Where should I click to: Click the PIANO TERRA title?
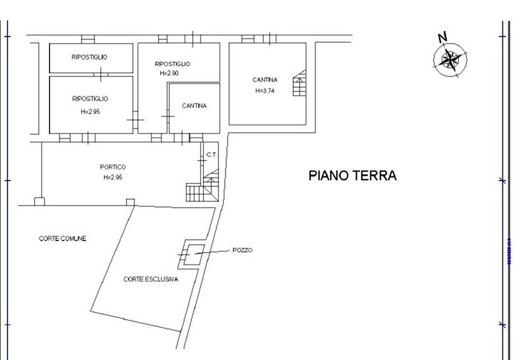[353, 175]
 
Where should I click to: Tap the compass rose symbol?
[450, 59]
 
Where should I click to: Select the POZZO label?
[242, 250]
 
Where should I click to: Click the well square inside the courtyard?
[195, 254]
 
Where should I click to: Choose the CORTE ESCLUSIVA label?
[151, 279]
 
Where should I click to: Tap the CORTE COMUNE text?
[63, 239]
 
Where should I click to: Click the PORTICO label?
[113, 167]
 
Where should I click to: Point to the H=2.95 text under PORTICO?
[113, 177]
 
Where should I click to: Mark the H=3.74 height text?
[265, 91]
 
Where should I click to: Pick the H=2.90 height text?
[169, 73]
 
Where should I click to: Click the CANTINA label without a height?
[194, 106]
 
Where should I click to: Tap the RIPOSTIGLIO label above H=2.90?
[173, 64]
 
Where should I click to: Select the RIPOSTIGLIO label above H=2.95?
[90, 99]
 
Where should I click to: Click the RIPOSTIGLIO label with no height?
[89, 57]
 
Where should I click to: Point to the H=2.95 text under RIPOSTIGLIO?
[90, 112]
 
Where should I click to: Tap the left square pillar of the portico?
[39, 202]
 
